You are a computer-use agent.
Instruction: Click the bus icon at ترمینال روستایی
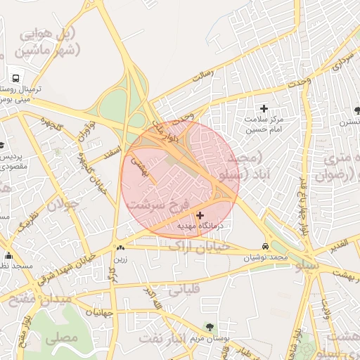pos(15,77)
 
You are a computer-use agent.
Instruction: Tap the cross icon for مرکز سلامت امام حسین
pos(264,108)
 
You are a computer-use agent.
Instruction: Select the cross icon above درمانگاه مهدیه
pos(200,215)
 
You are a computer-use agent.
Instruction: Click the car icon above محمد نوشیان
pos(264,247)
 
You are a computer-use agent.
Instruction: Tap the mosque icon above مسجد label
pos(8,255)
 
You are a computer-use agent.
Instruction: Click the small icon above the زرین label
pos(120,247)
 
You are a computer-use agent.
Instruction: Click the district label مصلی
pos(61,337)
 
